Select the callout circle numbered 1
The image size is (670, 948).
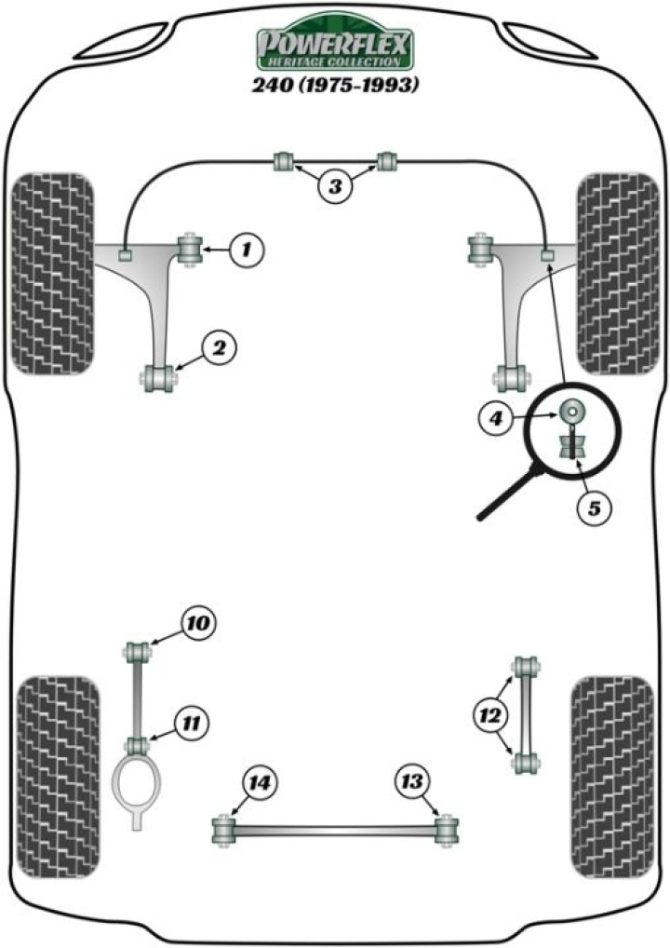(247, 250)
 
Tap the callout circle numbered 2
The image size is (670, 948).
(220, 349)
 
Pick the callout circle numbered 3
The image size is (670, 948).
(335, 186)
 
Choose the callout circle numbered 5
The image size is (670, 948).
(593, 508)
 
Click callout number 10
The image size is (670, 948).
(198, 621)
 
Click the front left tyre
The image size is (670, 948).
(54, 270)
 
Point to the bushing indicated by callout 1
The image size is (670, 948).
(190, 250)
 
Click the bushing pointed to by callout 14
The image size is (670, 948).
(223, 828)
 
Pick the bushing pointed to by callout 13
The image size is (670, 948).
(448, 828)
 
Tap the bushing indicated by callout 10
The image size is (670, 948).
(138, 649)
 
